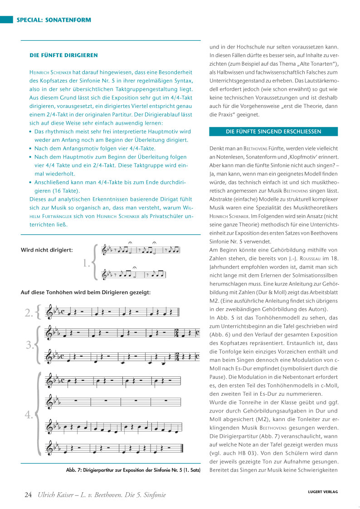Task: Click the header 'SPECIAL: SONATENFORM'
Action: point(54,20)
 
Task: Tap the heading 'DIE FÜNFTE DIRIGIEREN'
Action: point(64,55)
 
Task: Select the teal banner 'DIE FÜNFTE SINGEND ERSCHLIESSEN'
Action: point(273,131)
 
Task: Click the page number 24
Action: point(28,494)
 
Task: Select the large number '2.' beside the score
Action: point(30,312)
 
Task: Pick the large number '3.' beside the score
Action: point(30,345)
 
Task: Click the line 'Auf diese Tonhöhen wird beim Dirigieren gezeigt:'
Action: point(86,292)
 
